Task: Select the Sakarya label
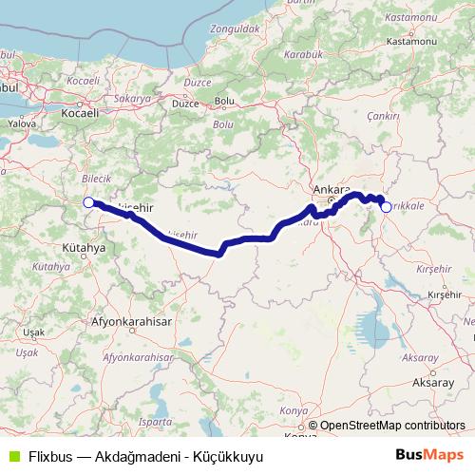click(134, 98)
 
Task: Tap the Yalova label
click(21, 123)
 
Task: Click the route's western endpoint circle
click(88, 201)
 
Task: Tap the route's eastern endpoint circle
click(387, 206)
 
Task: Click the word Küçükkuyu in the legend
click(229, 456)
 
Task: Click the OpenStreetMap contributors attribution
click(391, 426)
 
